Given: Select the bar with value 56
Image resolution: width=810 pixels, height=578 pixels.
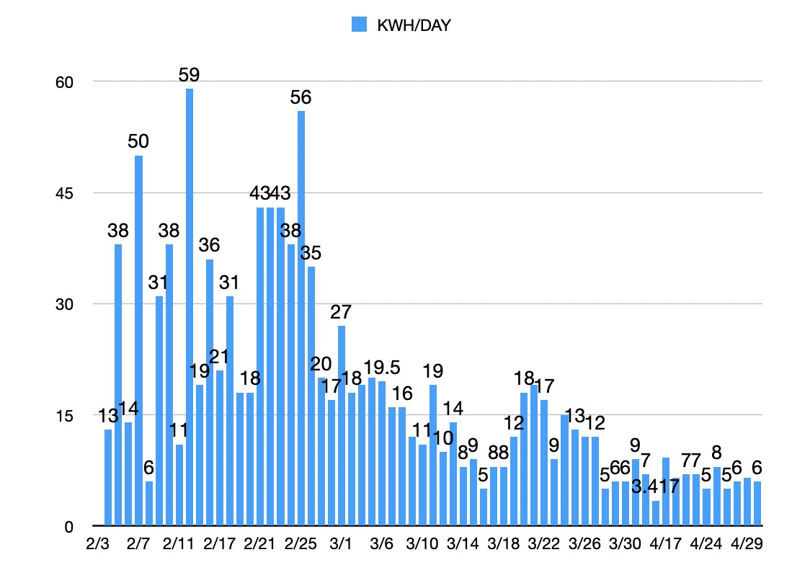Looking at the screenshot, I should (x=301, y=317).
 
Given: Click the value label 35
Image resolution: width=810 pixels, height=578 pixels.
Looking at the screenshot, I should (x=311, y=254).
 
